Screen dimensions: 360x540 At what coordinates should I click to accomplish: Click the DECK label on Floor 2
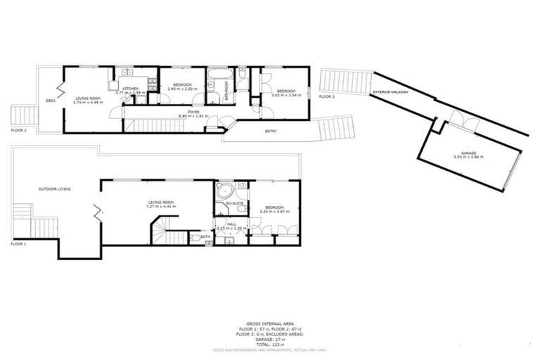(50, 101)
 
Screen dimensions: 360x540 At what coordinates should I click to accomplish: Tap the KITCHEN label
(131, 89)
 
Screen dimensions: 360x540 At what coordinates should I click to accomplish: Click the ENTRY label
(270, 131)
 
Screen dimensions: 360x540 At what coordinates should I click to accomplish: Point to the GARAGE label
(469, 153)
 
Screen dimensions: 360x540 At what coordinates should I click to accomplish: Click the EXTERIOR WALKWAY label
(390, 91)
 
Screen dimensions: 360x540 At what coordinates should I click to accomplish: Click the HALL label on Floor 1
(231, 224)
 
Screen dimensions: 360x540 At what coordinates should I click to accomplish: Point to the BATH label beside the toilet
(205, 237)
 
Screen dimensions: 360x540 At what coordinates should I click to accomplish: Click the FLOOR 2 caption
(19, 130)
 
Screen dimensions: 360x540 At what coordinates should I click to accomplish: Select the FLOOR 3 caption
(327, 96)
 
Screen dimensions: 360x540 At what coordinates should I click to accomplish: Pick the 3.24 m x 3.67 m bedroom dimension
(274, 212)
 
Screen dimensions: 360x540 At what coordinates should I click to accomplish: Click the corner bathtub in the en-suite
(226, 191)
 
